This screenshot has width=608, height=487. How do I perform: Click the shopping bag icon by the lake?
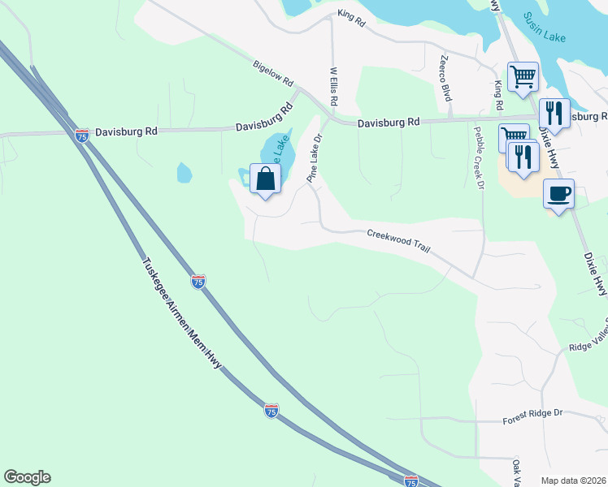tap(266, 178)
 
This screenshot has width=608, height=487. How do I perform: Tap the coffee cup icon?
tap(558, 195)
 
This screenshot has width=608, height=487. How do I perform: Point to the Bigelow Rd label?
tap(272, 74)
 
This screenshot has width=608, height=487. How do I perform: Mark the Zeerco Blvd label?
tap(445, 78)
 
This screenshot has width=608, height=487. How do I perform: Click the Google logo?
tap(27, 477)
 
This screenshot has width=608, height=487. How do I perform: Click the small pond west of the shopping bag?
tap(185, 172)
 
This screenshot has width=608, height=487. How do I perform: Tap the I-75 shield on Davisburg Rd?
tap(81, 136)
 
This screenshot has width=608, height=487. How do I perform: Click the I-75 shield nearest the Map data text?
tap(411, 481)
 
